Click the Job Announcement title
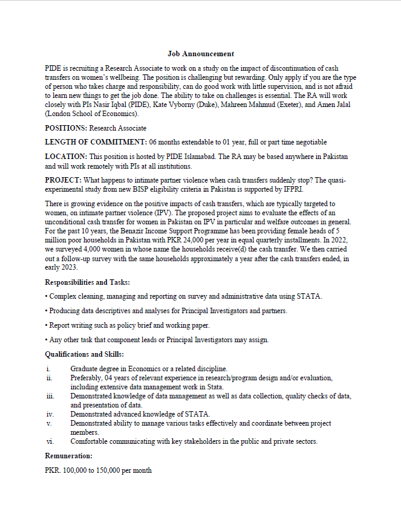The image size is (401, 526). tap(201, 54)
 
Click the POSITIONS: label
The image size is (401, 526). tap(66, 128)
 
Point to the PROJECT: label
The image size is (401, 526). tap(64, 180)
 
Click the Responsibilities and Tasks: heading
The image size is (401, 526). tap(87, 282)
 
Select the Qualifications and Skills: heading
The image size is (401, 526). tap(84, 354)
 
